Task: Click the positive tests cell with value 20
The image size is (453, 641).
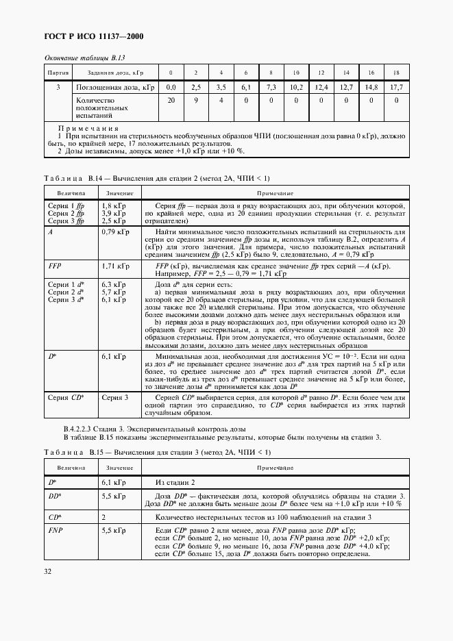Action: pos(171,101)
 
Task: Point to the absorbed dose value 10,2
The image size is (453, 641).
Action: pos(295,88)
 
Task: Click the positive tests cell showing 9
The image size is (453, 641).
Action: pos(195,101)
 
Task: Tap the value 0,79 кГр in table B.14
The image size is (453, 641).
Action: pos(115,232)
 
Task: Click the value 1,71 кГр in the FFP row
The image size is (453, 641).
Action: pos(115,265)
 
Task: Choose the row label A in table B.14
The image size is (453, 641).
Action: pos(50,232)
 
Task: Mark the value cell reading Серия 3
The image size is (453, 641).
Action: pos(115,397)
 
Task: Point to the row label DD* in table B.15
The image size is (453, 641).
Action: pos(54,496)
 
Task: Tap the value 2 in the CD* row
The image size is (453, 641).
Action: pos(103,517)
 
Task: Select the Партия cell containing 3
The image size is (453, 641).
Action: pos(58,88)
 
